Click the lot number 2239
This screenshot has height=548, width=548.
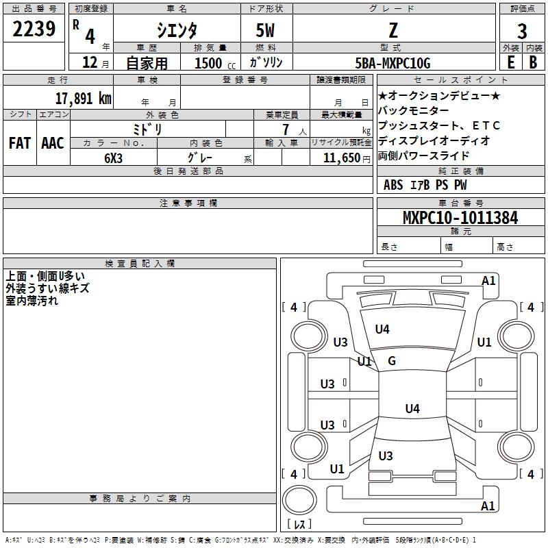point(34,29)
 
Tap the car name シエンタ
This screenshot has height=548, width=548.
point(177,30)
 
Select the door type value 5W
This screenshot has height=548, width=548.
point(265,30)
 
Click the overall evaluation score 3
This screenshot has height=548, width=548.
point(522,32)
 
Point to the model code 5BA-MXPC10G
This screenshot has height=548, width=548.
point(393,63)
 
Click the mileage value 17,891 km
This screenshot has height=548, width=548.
point(84,98)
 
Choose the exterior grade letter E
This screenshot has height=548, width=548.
point(510,62)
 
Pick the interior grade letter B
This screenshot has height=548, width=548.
point(533,62)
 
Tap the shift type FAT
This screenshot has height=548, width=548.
point(20,143)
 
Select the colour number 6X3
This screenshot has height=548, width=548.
point(113,158)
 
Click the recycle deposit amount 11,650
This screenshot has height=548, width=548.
point(341,158)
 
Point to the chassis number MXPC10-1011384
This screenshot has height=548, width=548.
point(460,218)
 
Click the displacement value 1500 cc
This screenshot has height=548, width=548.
point(215,63)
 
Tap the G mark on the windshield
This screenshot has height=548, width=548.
point(392,361)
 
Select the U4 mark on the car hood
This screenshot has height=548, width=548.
point(382,329)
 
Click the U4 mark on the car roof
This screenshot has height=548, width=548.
point(412,408)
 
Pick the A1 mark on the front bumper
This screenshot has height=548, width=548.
point(488,281)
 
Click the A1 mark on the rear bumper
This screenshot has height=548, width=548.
point(488,506)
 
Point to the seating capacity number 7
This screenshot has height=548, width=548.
point(286,129)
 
